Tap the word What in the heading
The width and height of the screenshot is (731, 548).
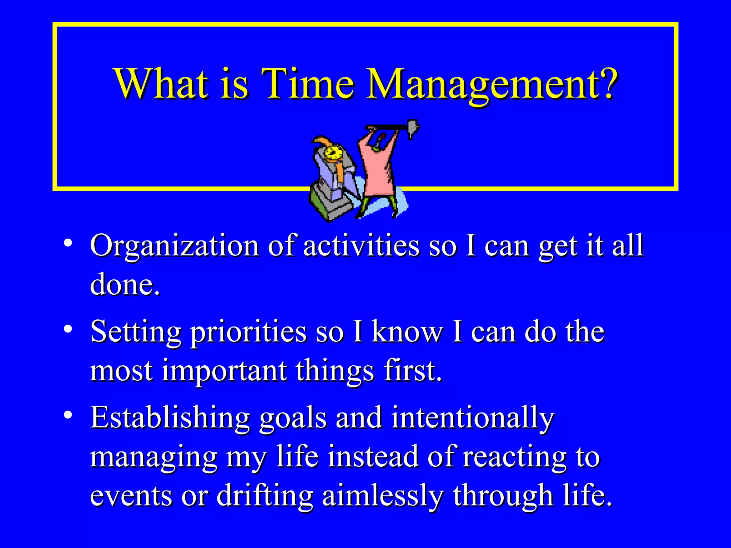[161, 84]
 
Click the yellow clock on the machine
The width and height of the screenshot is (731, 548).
[333, 154]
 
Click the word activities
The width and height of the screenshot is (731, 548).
[361, 246]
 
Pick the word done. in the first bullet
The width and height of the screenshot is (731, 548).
[125, 285]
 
